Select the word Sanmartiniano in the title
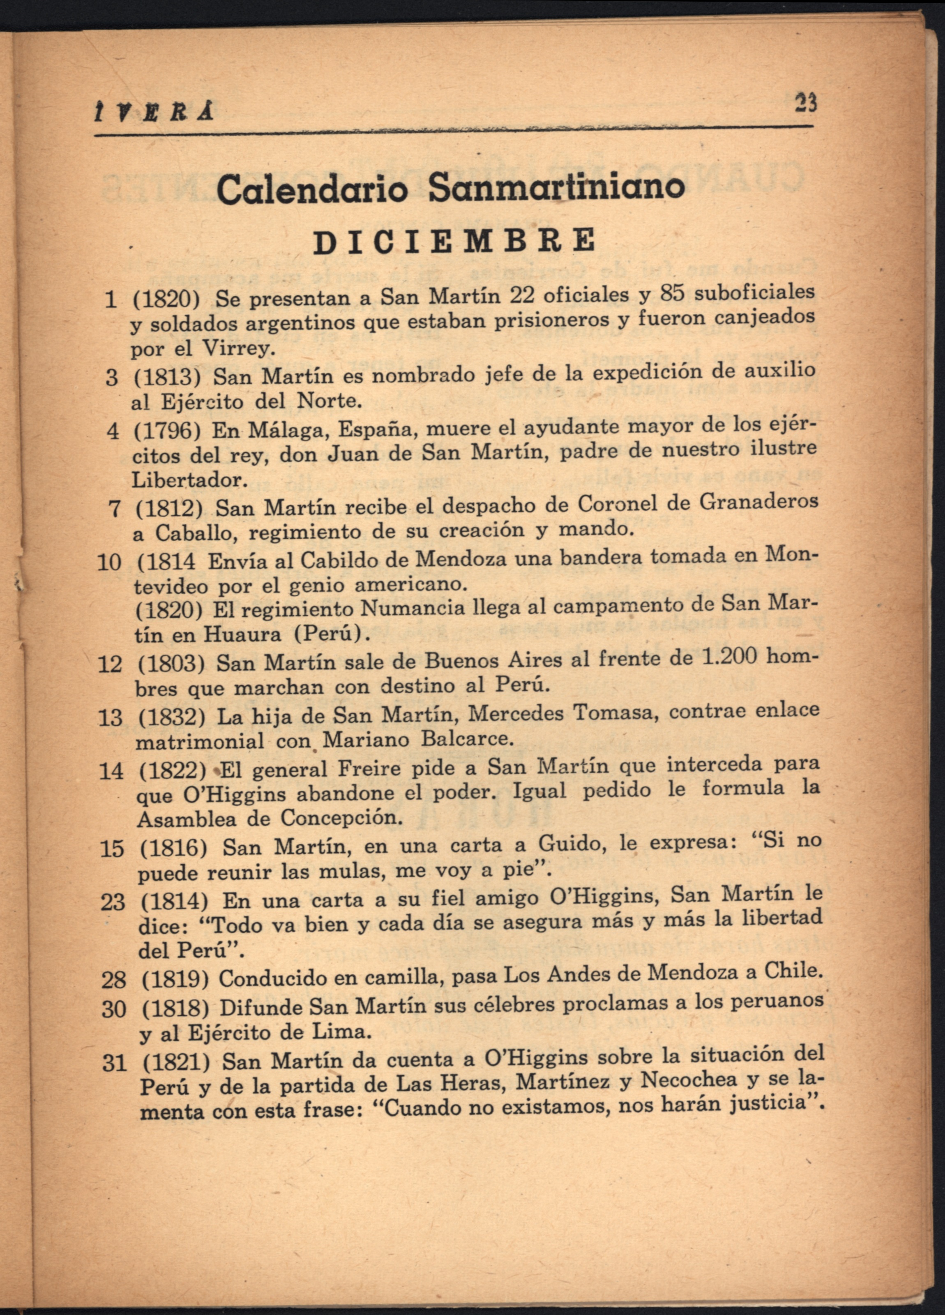click(x=556, y=187)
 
